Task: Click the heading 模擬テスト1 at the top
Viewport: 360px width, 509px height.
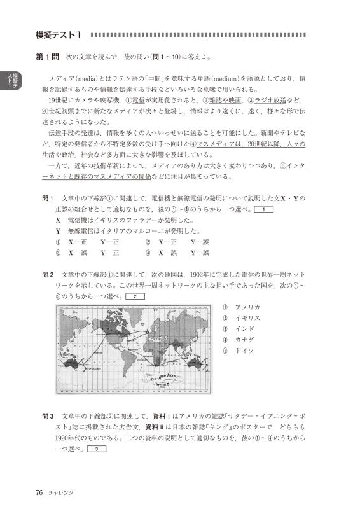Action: point(60,34)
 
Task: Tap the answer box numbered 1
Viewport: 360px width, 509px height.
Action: point(263,209)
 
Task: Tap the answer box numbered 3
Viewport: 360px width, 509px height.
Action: point(95,450)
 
